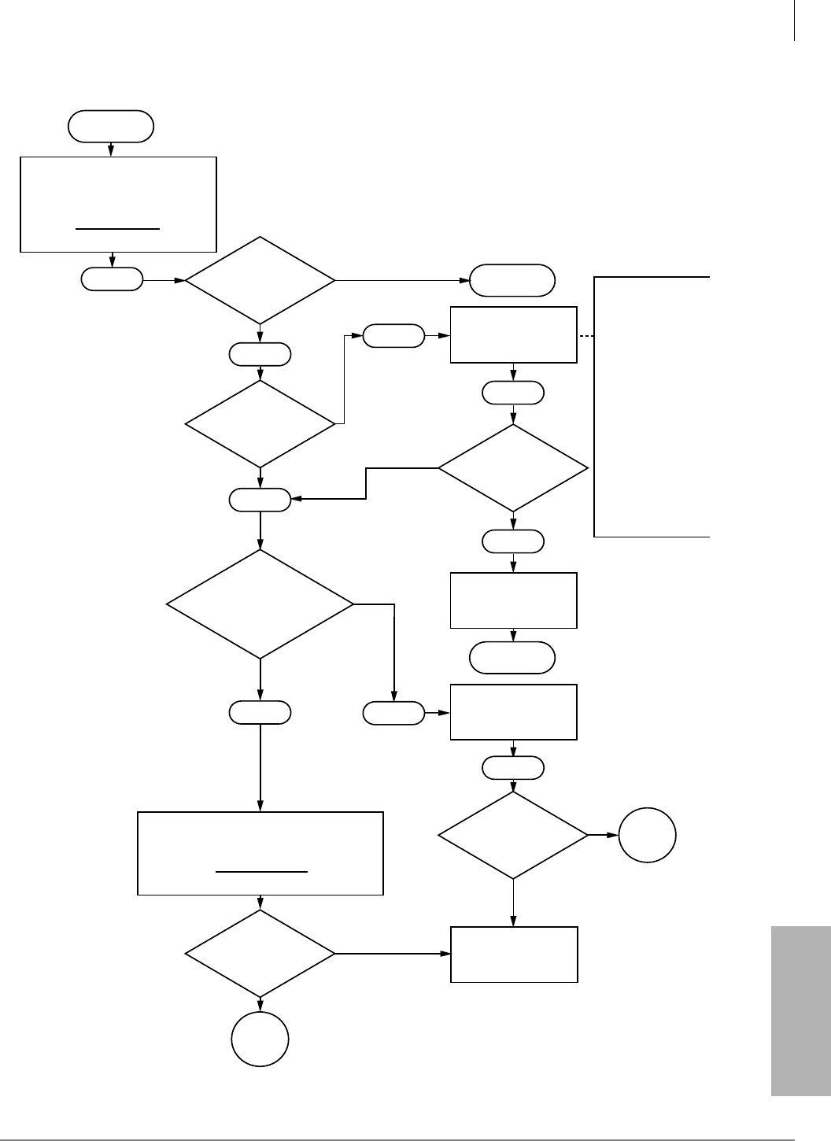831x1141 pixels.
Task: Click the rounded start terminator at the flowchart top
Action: point(111,126)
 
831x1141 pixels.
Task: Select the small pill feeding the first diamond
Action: point(112,279)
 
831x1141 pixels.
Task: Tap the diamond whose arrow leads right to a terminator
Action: point(260,280)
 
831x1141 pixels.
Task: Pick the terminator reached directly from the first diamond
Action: point(512,280)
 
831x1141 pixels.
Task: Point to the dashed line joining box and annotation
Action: point(585,336)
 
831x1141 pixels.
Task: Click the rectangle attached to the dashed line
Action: point(513,334)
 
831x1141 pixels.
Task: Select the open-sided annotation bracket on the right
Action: point(652,406)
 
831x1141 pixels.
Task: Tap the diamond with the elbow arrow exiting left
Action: point(513,468)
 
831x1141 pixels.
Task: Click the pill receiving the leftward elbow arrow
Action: point(260,499)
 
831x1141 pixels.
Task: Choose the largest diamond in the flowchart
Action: point(260,604)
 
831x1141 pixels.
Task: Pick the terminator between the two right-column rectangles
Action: point(512,658)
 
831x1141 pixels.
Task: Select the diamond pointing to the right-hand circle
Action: point(513,834)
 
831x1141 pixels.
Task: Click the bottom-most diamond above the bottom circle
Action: point(260,954)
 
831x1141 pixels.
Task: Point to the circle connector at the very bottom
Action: point(260,1038)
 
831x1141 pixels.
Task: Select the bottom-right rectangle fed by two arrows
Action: point(514,954)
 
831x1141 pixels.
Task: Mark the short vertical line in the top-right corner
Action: point(795,20)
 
